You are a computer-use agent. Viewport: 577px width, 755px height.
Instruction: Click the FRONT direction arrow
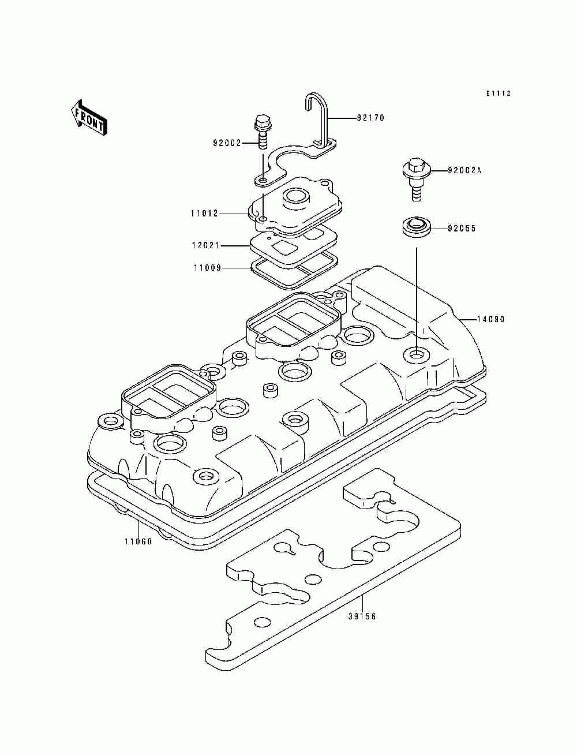point(89,118)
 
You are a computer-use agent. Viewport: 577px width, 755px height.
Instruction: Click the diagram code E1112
point(498,93)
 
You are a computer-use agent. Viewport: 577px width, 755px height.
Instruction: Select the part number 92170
point(370,118)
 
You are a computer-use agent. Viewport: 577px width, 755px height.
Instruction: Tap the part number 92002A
point(464,171)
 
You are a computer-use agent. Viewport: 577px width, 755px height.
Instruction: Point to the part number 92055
point(462,229)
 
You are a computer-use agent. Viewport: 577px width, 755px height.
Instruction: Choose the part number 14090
point(490,319)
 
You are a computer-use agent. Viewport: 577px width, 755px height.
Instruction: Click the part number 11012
point(205,214)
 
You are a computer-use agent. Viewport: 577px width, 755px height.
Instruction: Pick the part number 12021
point(205,245)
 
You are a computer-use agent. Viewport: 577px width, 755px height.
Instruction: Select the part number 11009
point(207,267)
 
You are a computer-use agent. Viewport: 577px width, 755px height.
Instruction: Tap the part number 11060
point(138,542)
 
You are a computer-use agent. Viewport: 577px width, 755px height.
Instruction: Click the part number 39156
point(362,616)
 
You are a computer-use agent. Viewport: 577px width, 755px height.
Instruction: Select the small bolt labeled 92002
point(262,132)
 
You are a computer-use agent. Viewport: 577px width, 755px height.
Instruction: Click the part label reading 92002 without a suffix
point(227,143)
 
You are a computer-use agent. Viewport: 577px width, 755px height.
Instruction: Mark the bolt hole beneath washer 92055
point(416,354)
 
